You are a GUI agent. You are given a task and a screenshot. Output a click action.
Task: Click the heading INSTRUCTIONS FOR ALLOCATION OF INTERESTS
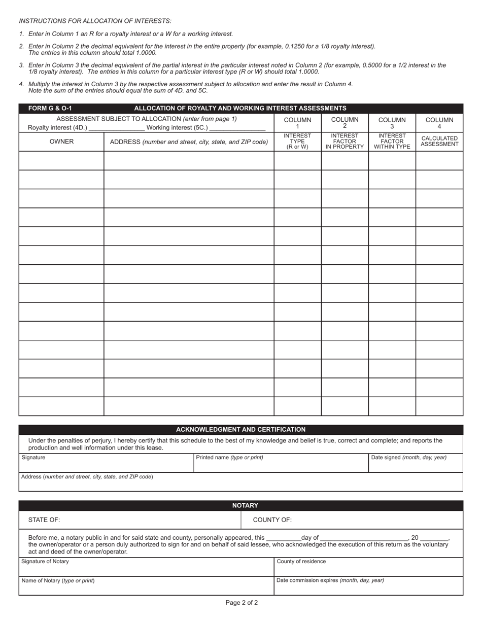(x=95, y=21)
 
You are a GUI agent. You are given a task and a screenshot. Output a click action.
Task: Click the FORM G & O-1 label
(x=50, y=108)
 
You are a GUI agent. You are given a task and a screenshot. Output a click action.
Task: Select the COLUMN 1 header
(x=297, y=123)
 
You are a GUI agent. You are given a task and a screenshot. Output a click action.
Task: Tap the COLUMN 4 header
(x=439, y=123)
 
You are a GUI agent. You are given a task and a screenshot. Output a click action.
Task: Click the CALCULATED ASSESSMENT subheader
(x=439, y=141)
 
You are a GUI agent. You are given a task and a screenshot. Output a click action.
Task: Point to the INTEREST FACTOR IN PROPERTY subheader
(x=345, y=142)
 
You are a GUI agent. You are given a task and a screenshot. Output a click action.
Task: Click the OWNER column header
(x=61, y=142)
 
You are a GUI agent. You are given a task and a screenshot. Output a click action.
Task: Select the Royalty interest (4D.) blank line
(x=116, y=128)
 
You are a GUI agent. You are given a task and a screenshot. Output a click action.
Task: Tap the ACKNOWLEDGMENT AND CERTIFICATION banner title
(x=240, y=429)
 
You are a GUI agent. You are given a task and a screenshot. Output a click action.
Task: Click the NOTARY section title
(x=245, y=505)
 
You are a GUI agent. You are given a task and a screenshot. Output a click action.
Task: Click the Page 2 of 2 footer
(x=242, y=603)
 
